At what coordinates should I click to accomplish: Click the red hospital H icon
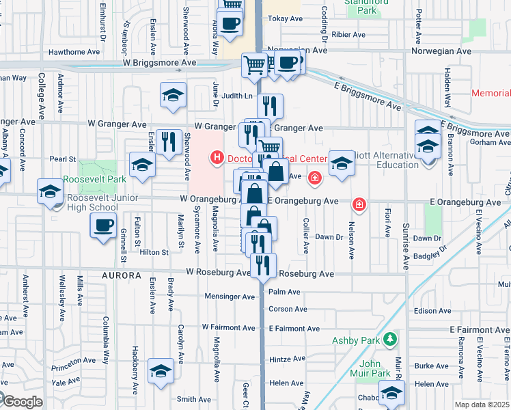coord(217,159)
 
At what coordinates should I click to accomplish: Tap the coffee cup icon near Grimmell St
coord(103,225)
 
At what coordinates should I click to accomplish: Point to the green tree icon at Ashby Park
coord(389,339)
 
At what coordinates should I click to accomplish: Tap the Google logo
coord(22,402)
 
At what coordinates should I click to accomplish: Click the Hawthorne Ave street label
coord(76,52)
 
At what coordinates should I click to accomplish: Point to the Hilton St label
coord(154,252)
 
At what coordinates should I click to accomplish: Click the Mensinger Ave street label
coord(230,297)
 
